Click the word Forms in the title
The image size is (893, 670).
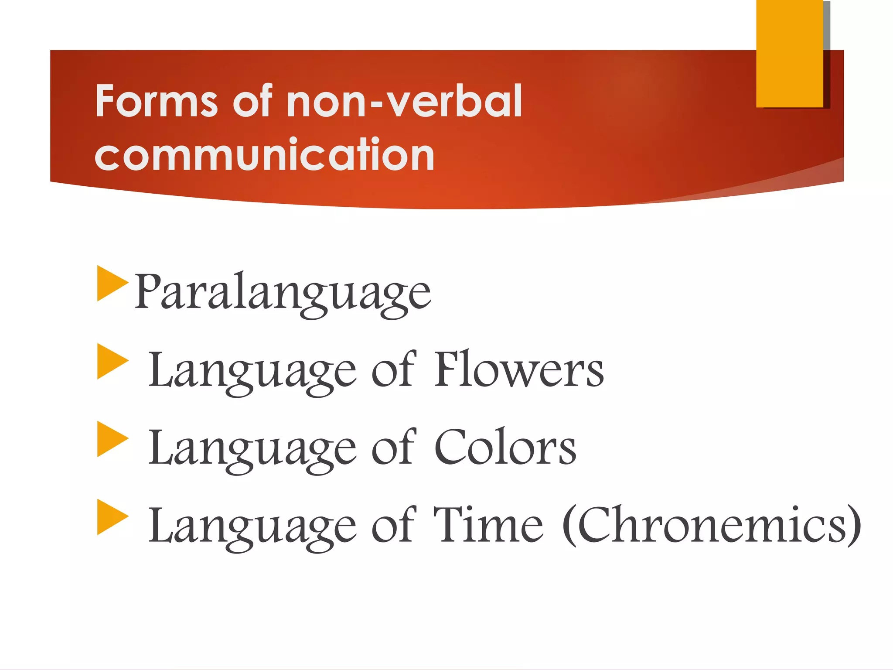click(156, 101)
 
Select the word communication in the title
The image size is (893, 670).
click(264, 154)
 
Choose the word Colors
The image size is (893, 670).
click(505, 448)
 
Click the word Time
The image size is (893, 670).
click(488, 525)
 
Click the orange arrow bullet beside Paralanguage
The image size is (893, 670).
click(112, 283)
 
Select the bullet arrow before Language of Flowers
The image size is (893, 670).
click(112, 361)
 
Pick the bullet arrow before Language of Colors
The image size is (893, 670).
click(112, 439)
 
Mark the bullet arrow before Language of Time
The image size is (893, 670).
click(112, 517)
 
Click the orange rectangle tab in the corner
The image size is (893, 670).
click(789, 53)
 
